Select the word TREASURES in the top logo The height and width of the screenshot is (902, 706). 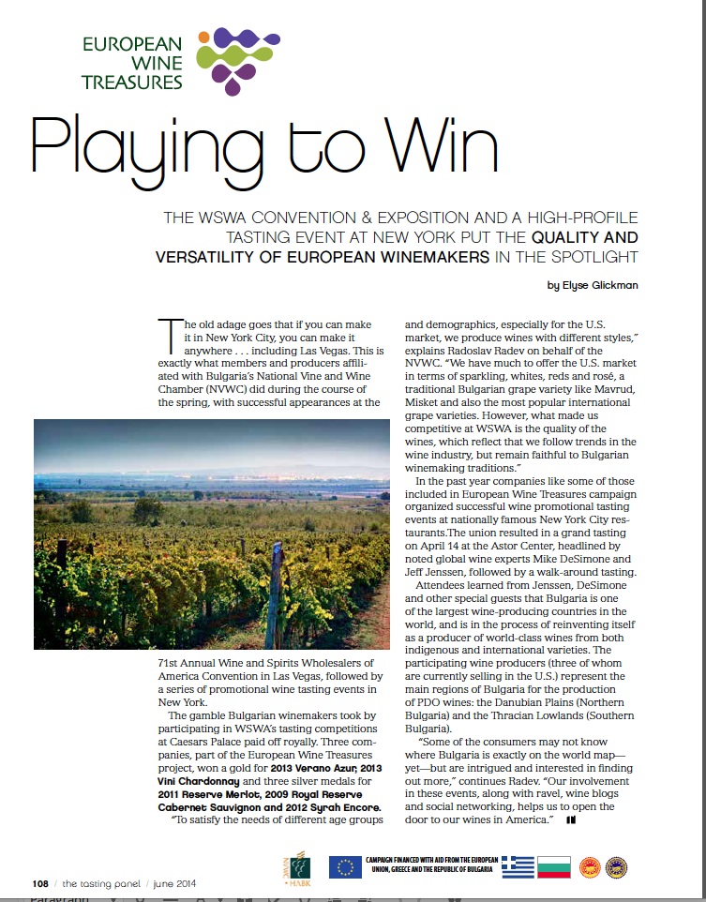(x=132, y=82)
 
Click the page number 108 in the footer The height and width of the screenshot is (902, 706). (x=40, y=883)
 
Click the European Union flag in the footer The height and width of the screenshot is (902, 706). (x=345, y=867)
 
